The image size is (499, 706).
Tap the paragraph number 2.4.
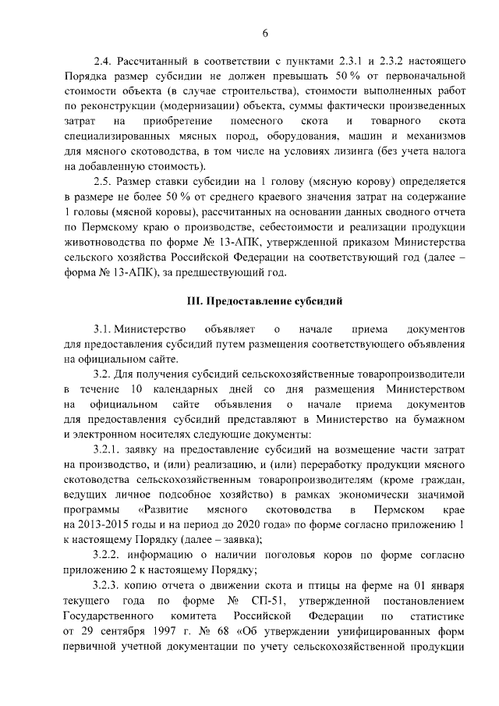tap(103, 60)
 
